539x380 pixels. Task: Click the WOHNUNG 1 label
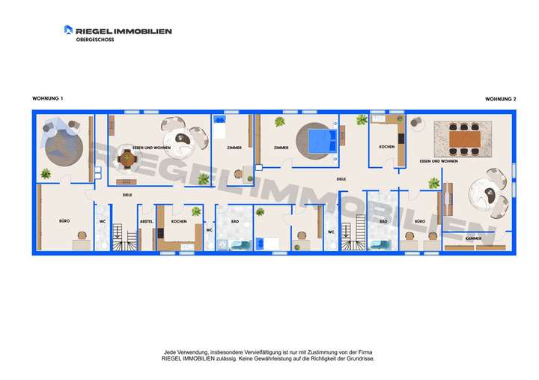tap(48, 98)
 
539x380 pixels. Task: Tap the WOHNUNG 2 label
tap(501, 98)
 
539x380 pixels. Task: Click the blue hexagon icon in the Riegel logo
tap(68, 30)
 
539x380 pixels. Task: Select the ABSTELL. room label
tap(147, 222)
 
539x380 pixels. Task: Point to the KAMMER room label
tap(473, 238)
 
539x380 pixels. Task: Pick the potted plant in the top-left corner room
tap(46, 174)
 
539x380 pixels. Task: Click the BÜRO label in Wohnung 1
tap(64, 222)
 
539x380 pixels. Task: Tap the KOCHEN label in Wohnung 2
tap(386, 147)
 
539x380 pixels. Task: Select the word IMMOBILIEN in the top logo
tap(141, 31)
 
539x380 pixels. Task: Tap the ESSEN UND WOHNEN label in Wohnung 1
tap(151, 148)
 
